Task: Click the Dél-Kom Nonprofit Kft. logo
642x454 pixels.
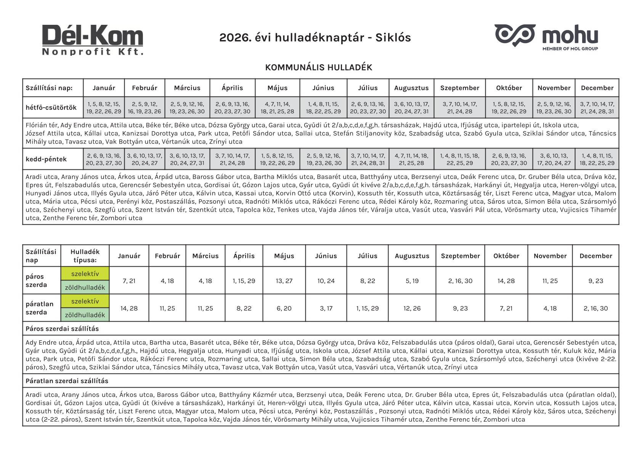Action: point(93,40)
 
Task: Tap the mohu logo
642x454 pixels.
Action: point(546,37)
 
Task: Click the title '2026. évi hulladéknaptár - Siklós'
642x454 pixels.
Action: point(315,38)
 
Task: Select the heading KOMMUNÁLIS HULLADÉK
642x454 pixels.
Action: point(318,68)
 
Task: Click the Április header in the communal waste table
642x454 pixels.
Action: point(232,88)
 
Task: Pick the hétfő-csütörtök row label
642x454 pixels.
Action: point(51,108)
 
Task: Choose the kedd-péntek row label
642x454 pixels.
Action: point(46,159)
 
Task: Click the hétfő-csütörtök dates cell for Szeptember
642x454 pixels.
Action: point(459,108)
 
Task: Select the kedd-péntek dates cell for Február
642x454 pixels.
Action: point(144,159)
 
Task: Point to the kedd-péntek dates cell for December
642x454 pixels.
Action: point(597,159)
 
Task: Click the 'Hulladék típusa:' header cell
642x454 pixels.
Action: point(85,256)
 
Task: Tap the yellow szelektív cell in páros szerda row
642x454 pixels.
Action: point(85,274)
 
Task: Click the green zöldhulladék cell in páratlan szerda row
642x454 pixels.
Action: point(85,315)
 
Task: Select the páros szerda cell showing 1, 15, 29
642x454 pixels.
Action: point(244,281)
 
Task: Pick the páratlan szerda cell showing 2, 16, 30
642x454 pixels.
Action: point(595,308)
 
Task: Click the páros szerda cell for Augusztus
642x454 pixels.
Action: point(412,281)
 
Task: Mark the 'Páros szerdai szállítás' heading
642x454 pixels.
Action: point(62,328)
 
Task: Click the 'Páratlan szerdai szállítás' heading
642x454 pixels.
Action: point(67,381)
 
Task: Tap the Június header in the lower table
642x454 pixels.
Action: point(326,256)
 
